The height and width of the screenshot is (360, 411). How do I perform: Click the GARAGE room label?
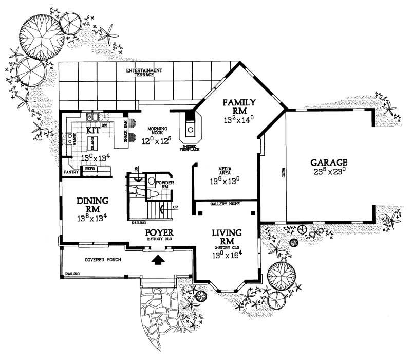(x=328, y=161)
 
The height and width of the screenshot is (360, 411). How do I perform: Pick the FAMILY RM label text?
(x=235, y=107)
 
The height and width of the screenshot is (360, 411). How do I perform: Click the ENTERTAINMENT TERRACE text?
(x=144, y=73)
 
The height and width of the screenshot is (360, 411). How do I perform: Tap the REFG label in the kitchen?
(x=89, y=168)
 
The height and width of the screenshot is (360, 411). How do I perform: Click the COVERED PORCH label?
(x=103, y=260)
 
